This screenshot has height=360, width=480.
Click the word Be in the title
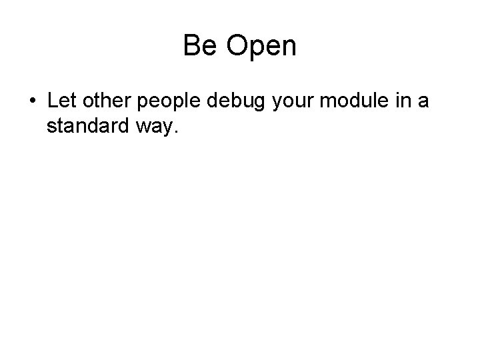click(x=198, y=46)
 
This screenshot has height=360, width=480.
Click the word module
click(x=348, y=103)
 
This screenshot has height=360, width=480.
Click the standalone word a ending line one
click(x=423, y=104)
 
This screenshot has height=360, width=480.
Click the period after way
click(x=175, y=132)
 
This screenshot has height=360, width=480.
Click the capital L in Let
click(x=52, y=103)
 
